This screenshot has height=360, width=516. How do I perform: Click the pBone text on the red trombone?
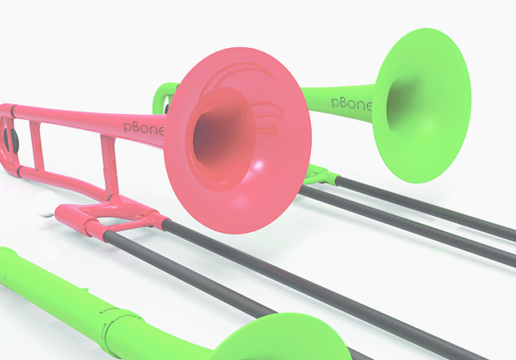(143, 126)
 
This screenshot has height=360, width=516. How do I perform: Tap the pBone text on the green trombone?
(352, 103)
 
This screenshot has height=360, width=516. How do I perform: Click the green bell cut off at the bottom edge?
(269, 343)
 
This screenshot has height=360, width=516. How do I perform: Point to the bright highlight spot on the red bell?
(258, 166)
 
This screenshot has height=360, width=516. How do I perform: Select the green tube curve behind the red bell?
(164, 94)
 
